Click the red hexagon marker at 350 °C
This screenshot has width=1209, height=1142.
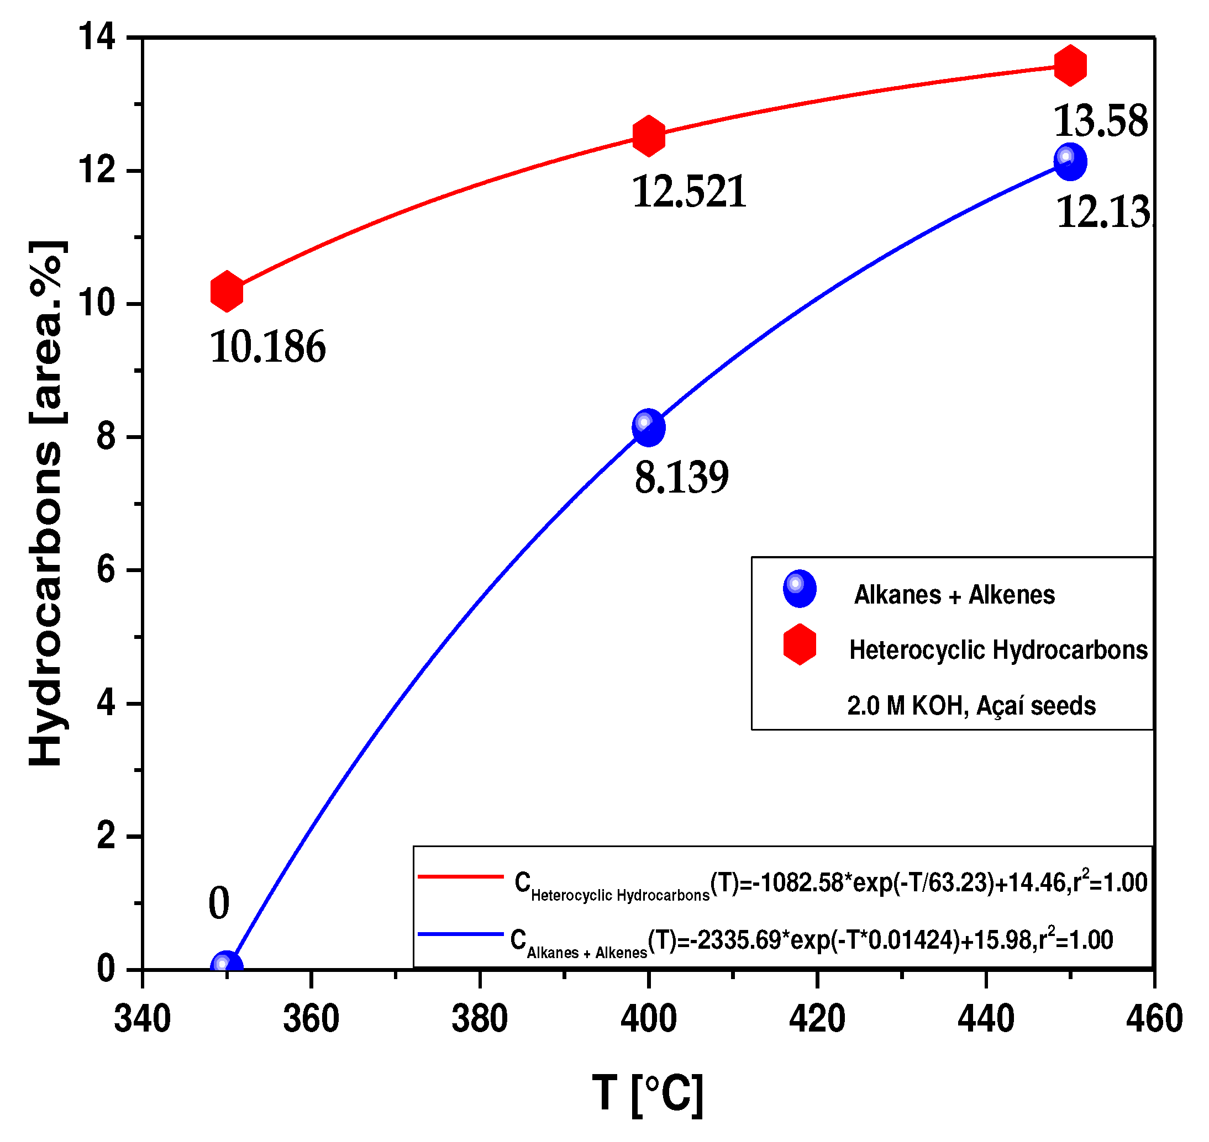[x=227, y=292]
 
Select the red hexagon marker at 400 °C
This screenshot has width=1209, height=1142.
[x=649, y=135]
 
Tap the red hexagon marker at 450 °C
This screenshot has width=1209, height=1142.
[x=1070, y=65]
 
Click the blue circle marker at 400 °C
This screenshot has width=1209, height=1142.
[x=649, y=428]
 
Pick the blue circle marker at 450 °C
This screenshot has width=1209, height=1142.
[x=1070, y=162]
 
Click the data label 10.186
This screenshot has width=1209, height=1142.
[x=268, y=347]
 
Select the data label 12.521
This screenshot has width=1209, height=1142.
[x=690, y=192]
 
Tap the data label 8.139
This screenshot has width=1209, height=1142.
[x=681, y=478]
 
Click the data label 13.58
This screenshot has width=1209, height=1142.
[x=1100, y=121]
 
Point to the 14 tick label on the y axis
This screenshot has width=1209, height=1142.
[x=97, y=37]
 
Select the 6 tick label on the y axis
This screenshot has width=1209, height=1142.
[x=106, y=570]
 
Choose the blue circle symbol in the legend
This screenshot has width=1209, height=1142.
[x=800, y=589]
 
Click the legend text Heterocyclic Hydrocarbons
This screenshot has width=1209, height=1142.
[x=998, y=650]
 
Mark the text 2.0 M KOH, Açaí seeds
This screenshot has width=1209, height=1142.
[x=971, y=706]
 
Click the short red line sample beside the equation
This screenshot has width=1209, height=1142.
[x=460, y=876]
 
